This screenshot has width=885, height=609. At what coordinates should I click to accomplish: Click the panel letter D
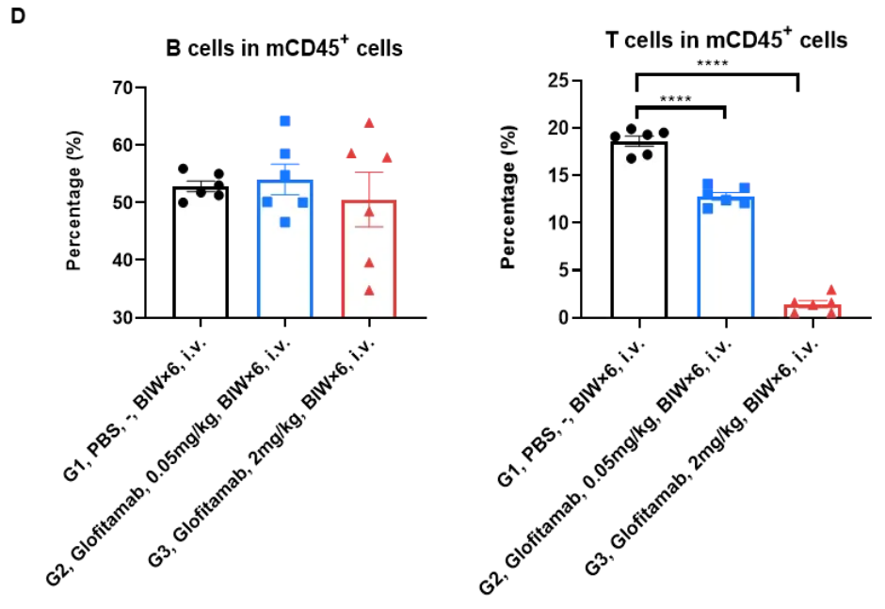coord(17,17)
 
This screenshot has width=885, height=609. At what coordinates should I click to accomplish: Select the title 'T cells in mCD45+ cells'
coord(726,40)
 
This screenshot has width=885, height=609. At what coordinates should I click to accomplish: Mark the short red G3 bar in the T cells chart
coord(812,311)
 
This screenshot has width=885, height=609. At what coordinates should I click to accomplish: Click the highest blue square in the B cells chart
coord(284,120)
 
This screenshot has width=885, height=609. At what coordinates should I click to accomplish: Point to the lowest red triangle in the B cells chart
coord(369,290)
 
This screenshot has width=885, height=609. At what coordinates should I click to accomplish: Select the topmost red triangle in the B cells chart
coord(369,123)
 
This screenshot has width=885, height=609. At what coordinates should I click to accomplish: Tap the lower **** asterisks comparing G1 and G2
coord(676,99)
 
